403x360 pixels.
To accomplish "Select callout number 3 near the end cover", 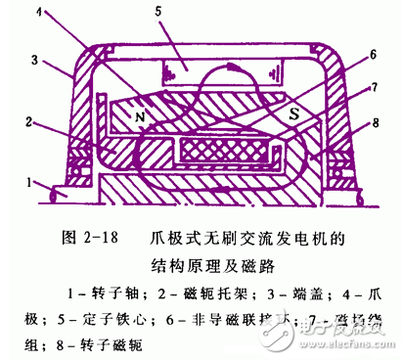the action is (34, 60).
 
